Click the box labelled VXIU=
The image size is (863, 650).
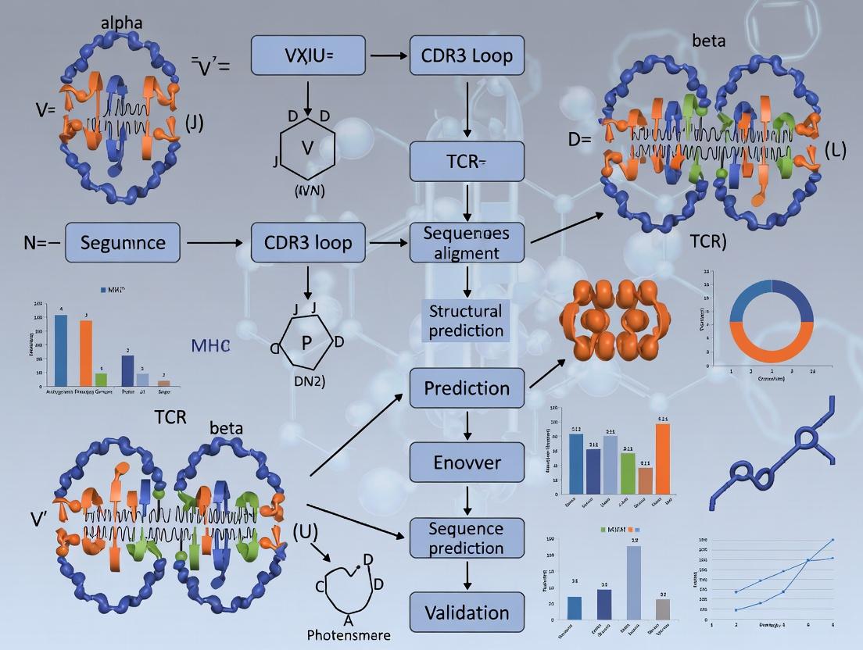307,55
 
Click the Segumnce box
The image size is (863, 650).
123,242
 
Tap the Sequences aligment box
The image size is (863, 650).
467,242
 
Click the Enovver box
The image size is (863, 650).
467,462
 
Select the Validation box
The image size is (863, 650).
467,612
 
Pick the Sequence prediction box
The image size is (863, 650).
467,538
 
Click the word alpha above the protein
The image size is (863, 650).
121,22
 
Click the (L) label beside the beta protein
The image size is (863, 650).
834,151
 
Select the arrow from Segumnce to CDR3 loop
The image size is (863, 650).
215,243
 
